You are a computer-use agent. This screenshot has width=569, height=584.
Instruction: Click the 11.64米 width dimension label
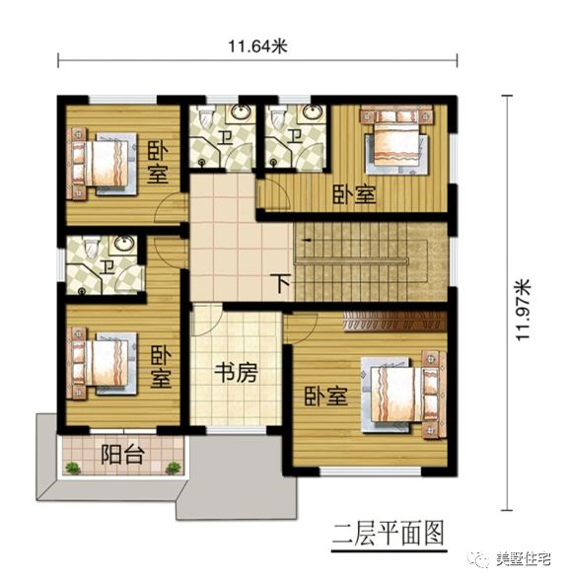tap(257, 45)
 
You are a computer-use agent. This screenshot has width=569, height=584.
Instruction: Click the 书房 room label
tap(236, 373)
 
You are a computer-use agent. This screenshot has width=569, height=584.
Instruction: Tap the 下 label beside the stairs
tap(283, 284)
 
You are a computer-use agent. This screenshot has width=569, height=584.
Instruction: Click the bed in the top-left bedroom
tap(99, 164)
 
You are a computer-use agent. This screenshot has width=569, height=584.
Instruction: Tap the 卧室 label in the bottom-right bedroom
tap(325, 398)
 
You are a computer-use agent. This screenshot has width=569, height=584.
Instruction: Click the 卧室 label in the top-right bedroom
tap(353, 194)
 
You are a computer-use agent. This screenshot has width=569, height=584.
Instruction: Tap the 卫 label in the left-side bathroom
tap(105, 264)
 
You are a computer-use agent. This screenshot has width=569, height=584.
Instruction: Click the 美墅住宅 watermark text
tap(522, 560)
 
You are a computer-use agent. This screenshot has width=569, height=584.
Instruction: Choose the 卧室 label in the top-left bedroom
tap(156, 164)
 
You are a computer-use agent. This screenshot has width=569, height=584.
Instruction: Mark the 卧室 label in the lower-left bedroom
tap(160, 365)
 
